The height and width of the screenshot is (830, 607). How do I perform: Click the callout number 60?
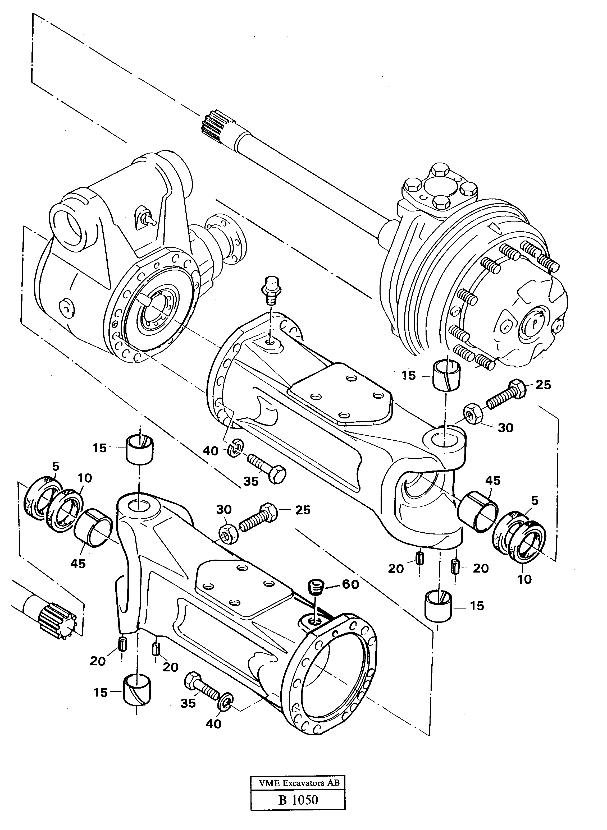(350, 584)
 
